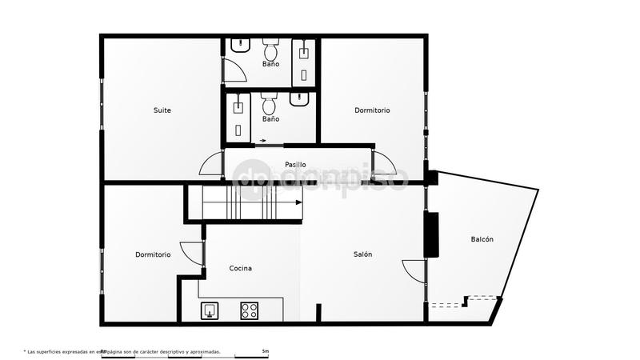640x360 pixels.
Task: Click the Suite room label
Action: [x=162, y=110]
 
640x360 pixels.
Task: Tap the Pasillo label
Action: [x=296, y=165]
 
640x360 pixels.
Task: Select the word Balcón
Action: [x=482, y=239]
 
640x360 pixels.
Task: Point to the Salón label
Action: [x=362, y=254]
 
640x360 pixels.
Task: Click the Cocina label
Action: [x=240, y=268]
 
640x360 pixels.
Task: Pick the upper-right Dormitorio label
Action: [x=372, y=110]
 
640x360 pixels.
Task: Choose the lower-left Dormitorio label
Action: [x=153, y=254]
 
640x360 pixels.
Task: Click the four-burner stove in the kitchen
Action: [x=249, y=310]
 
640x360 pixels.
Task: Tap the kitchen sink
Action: [x=210, y=310]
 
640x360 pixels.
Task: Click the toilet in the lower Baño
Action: [x=270, y=104]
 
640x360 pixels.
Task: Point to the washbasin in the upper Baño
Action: [x=240, y=46]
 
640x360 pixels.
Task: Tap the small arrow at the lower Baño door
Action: [x=263, y=141]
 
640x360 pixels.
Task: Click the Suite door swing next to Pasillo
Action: [x=211, y=164]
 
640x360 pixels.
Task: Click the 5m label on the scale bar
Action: [x=265, y=351]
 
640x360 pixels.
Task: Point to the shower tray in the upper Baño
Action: [x=304, y=62]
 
